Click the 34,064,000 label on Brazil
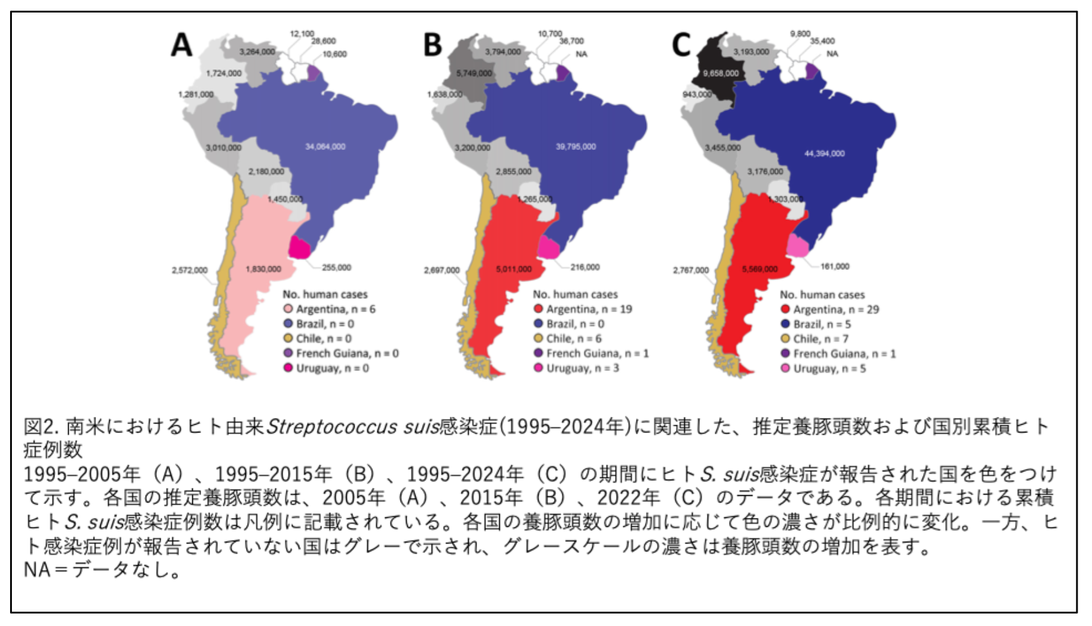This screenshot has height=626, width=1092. [x=325, y=146]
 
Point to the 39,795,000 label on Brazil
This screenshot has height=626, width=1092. [x=576, y=146]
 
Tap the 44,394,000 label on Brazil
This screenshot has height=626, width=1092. [x=824, y=154]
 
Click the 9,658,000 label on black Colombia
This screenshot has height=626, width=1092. [x=721, y=73]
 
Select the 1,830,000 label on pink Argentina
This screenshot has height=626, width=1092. [x=263, y=269]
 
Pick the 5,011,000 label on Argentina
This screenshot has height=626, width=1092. [x=513, y=269]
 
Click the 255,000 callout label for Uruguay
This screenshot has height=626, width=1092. [x=336, y=268]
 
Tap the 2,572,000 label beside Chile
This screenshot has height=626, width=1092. [x=190, y=270]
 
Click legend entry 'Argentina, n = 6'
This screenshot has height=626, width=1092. [x=330, y=309]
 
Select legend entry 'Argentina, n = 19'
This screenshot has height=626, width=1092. [x=583, y=309]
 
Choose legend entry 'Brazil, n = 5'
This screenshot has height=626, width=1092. [x=816, y=324]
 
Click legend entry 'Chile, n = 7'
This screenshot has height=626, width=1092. [x=814, y=339]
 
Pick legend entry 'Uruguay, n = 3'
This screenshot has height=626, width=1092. [x=577, y=368]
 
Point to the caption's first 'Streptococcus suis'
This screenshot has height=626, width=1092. [x=352, y=426]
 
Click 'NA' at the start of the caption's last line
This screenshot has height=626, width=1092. [x=37, y=570]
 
